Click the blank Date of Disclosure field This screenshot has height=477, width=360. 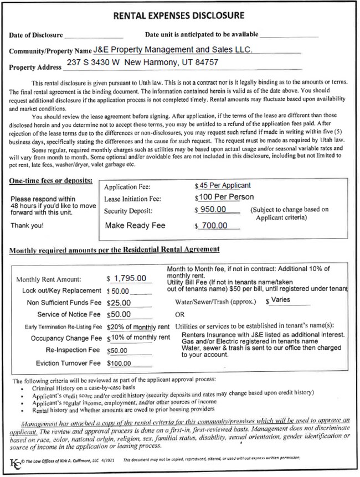[x=92, y=35]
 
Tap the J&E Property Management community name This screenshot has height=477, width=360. [x=173, y=49]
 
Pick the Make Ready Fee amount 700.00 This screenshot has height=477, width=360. [x=215, y=225]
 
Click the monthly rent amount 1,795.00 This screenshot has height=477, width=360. [x=130, y=278]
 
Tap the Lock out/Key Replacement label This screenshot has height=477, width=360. [x=61, y=291]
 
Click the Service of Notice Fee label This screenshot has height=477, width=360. [x=68, y=314]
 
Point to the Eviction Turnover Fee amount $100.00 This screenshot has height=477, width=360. [x=120, y=363]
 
